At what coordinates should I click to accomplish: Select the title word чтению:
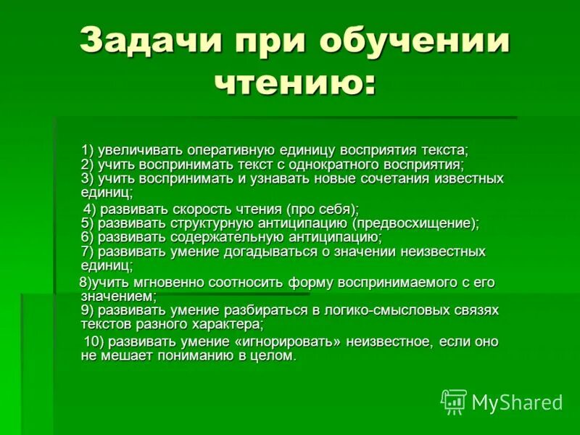pyautogui.click(x=296, y=83)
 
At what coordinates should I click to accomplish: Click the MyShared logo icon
pyautogui.click(x=454, y=401)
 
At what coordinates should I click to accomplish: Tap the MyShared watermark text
pyautogui.click(x=518, y=402)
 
